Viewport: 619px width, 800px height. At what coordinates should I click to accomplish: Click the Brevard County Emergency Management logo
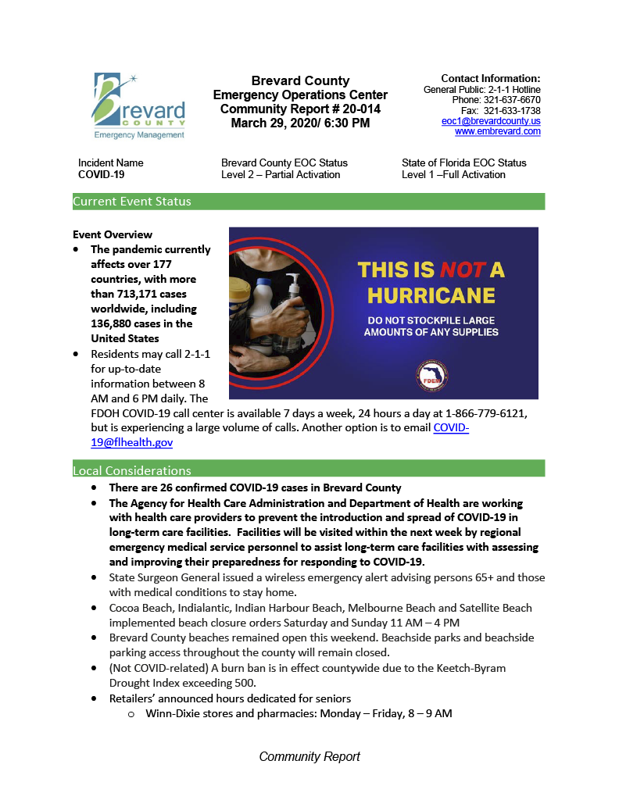click(139, 105)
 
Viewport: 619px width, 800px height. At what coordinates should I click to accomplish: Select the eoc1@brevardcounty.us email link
click(491, 121)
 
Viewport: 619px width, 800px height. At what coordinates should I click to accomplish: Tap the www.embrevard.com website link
click(497, 131)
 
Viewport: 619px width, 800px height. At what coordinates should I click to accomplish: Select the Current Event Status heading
click(132, 202)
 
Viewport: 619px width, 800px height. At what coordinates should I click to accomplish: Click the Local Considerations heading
click(132, 470)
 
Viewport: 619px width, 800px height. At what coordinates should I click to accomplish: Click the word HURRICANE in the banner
click(431, 295)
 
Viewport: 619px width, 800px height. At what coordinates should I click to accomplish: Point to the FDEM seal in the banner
click(431, 376)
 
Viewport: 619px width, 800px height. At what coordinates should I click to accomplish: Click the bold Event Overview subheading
click(113, 234)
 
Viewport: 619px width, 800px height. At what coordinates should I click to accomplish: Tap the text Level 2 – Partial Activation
click(281, 174)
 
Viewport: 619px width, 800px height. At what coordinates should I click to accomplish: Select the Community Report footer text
click(309, 756)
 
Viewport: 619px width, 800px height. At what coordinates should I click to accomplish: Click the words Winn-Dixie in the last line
click(173, 713)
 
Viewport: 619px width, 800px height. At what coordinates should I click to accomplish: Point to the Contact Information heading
click(490, 78)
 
